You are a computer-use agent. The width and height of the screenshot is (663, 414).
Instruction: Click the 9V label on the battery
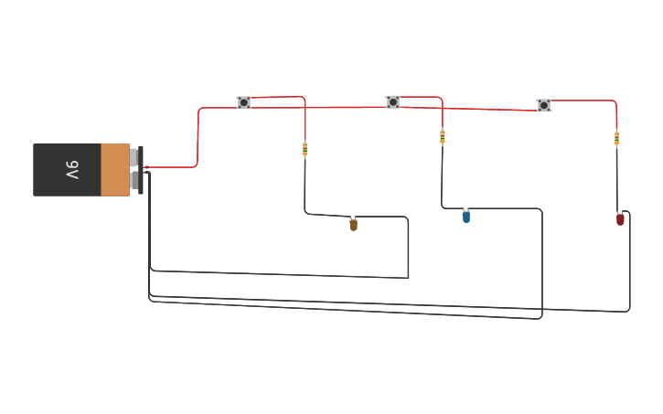coord(72,170)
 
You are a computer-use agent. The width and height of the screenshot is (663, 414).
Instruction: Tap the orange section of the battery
coord(114,170)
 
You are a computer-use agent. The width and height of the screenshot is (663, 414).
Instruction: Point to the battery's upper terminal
coord(134,157)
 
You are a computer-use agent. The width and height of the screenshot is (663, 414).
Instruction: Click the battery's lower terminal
coord(134,181)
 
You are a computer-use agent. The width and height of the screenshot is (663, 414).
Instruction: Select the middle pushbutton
coord(393,102)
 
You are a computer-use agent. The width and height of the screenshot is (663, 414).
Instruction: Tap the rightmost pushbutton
coord(544,105)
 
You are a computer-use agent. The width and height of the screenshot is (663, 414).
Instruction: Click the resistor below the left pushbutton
coord(305,149)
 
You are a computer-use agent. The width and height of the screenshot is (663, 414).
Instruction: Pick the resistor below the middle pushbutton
coord(443,137)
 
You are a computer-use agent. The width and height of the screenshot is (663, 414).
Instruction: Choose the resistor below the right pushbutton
coord(616,138)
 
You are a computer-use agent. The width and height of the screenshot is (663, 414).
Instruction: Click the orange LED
coord(353,224)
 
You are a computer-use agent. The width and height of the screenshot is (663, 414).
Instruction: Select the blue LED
coord(465,217)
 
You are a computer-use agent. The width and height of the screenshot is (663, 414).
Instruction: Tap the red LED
coord(620,219)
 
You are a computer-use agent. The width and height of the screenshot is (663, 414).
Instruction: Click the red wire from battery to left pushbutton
coord(198,137)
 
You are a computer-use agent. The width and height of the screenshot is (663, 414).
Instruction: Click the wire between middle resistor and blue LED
coord(443,178)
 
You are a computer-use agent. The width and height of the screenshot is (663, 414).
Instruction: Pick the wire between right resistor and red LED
coord(616,178)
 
